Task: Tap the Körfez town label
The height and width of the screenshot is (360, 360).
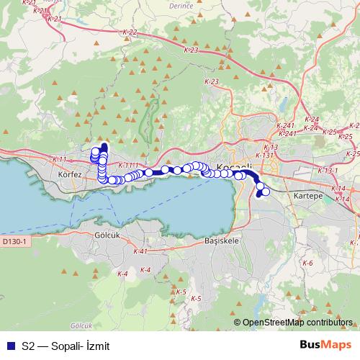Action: tap(71, 174)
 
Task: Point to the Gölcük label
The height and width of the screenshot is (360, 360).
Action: tap(110, 235)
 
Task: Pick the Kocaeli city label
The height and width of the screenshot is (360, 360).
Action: tap(234, 167)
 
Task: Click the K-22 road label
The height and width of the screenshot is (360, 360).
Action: tap(130, 32)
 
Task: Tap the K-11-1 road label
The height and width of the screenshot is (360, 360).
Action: tap(126, 166)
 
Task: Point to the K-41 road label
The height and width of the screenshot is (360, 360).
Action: tap(140, 251)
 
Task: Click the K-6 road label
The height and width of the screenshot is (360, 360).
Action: tap(307, 263)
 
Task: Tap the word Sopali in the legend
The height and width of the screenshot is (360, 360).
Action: tap(65, 346)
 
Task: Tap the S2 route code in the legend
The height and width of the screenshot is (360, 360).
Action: tap(28, 346)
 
